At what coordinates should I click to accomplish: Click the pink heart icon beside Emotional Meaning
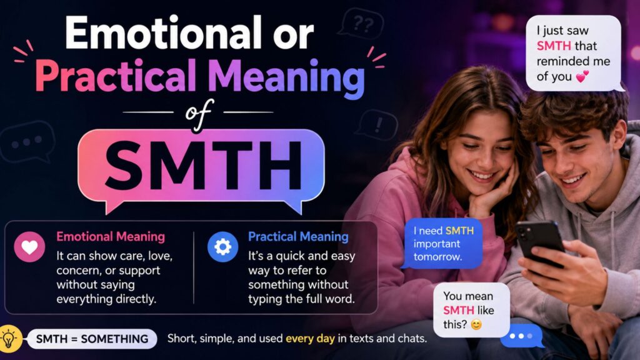coord(29,246)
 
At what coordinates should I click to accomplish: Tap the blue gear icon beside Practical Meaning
coord(222,246)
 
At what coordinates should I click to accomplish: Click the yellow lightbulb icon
coord(9,338)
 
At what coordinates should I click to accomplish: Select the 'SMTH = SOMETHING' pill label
coord(92,339)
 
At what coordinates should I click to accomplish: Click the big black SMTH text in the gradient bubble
coord(203,165)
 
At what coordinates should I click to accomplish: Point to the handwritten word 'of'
coord(199,115)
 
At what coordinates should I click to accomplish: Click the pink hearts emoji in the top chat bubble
coord(582,76)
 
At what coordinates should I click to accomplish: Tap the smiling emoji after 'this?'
coord(476,324)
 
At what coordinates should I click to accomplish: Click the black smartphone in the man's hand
coord(539,243)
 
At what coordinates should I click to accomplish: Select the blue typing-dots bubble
coord(522,336)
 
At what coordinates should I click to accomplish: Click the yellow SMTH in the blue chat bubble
coord(459,231)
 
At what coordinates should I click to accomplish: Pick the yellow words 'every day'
coord(310,338)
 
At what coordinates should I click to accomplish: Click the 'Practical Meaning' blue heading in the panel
coord(298,237)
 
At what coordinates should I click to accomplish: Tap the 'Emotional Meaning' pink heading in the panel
coord(111,237)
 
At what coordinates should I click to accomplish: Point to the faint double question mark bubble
coord(362,23)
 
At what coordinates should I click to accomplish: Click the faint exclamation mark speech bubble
coord(377,125)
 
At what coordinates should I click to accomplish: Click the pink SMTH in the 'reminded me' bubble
coord(554,46)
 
